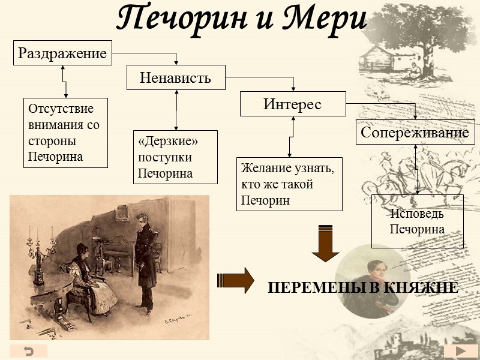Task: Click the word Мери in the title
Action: pyautogui.click(x=325, y=19)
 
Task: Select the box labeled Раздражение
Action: pyautogui.click(x=62, y=53)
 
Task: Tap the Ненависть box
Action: pyautogui.click(x=175, y=77)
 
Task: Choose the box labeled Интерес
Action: pyautogui.click(x=293, y=104)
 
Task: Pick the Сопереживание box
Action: pyautogui.click(x=415, y=132)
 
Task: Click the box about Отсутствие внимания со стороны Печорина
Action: pyautogui.click(x=65, y=133)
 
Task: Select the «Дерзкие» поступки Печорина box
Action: pyautogui.click(x=175, y=157)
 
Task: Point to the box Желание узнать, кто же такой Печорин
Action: pyautogui.click(x=289, y=184)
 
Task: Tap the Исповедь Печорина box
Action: pyautogui.click(x=417, y=221)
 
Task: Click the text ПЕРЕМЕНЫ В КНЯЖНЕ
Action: pyautogui.click(x=363, y=288)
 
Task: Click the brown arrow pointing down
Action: pyautogui.click(x=326, y=242)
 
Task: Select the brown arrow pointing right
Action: pyautogui.click(x=235, y=280)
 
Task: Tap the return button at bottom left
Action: pyautogui.click(x=28, y=351)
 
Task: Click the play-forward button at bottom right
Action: pyautogui.click(x=461, y=351)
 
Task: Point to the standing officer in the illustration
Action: pyautogui.click(x=145, y=258)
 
